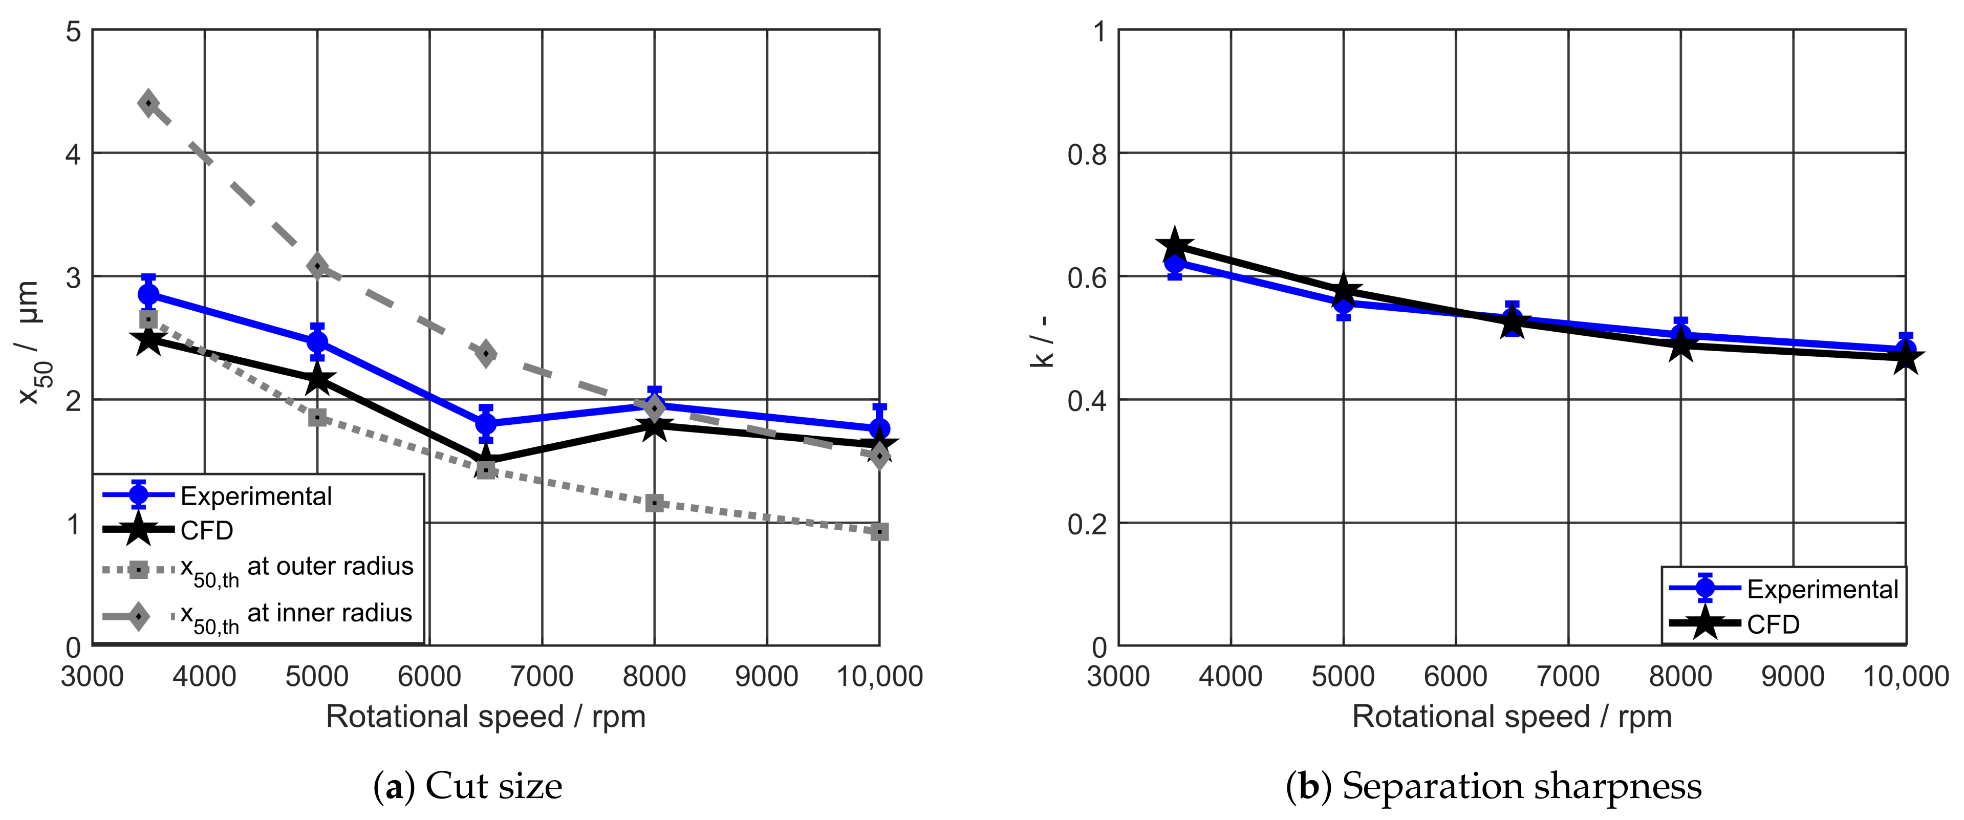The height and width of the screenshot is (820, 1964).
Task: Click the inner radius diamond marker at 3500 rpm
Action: pyautogui.click(x=148, y=103)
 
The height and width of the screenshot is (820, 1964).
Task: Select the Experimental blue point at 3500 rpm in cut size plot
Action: pyautogui.click(x=148, y=294)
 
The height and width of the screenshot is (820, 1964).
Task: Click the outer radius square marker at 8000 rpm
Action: pyautogui.click(x=654, y=503)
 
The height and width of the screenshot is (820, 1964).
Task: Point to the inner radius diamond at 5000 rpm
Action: pyautogui.click(x=318, y=266)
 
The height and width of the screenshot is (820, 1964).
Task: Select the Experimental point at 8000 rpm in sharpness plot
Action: pyautogui.click(x=1680, y=335)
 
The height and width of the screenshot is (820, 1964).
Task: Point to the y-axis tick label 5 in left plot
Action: pyautogui.click(x=73, y=32)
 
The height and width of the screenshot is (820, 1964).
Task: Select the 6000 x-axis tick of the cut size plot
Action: pyautogui.click(x=429, y=676)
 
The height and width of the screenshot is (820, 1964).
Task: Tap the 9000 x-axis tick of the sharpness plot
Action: pyautogui.click(x=1793, y=676)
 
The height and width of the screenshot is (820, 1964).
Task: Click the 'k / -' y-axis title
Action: pyautogui.click(x=1042, y=341)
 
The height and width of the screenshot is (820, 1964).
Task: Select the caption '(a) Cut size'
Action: pyautogui.click(x=467, y=786)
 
